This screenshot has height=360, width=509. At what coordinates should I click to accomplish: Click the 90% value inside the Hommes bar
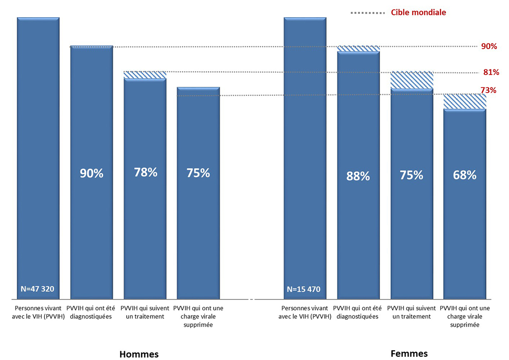tap(92, 174)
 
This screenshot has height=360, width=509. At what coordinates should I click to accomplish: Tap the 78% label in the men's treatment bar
tap(145, 173)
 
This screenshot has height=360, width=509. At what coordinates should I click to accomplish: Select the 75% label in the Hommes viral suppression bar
tap(198, 173)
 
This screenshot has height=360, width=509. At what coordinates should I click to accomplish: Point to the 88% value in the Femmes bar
tap(358, 176)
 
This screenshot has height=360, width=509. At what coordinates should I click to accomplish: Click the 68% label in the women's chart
tap(465, 175)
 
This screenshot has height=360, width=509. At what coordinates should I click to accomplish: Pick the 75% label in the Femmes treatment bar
tap(412, 175)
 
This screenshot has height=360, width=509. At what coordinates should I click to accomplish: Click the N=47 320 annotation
tap(37, 289)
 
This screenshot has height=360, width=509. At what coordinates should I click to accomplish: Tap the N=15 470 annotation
tap(304, 290)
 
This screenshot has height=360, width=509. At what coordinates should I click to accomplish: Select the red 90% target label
tap(489, 46)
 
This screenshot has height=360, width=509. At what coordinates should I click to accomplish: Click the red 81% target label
tap(491, 72)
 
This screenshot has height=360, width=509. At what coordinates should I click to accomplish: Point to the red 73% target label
tap(489, 90)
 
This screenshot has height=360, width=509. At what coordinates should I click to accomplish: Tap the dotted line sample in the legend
tap(368, 13)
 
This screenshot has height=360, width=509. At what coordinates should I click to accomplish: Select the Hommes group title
tap(139, 354)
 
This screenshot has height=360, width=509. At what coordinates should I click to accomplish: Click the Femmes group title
tap(409, 354)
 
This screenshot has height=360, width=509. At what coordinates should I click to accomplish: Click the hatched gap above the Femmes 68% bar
tap(465, 101)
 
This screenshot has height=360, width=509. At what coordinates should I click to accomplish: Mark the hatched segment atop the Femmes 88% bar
tap(358, 49)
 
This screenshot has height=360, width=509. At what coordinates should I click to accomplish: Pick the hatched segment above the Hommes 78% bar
tap(145, 75)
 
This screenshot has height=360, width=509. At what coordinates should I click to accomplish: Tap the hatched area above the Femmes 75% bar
tap(412, 80)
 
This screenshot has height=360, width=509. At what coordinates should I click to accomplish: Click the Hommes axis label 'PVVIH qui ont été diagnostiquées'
tap(92, 312)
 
